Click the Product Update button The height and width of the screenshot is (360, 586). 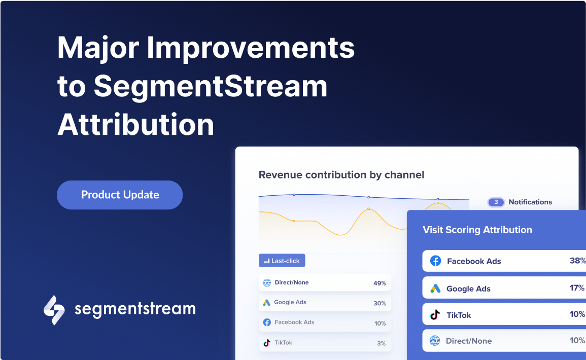120,195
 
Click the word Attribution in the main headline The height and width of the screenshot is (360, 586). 136,124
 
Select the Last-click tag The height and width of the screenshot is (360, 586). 282,261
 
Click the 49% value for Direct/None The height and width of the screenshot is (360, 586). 380,283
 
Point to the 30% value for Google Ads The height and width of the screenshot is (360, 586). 380,303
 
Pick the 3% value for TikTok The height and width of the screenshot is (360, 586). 381,343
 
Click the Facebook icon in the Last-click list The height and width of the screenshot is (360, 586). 267,322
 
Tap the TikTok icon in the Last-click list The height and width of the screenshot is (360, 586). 267,343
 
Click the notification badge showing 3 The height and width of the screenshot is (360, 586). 496,202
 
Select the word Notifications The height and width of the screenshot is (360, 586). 530,202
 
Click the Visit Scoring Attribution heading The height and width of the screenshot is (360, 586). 477,230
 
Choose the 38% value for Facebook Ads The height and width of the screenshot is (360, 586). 577,261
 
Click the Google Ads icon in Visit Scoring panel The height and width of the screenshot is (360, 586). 435,289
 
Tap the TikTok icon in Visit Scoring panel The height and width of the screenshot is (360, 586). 435,315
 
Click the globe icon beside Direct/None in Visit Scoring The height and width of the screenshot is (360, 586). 435,341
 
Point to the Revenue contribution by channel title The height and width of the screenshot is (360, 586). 341,175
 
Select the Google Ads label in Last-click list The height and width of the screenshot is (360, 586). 290,302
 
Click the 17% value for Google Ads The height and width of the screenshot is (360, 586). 577,288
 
